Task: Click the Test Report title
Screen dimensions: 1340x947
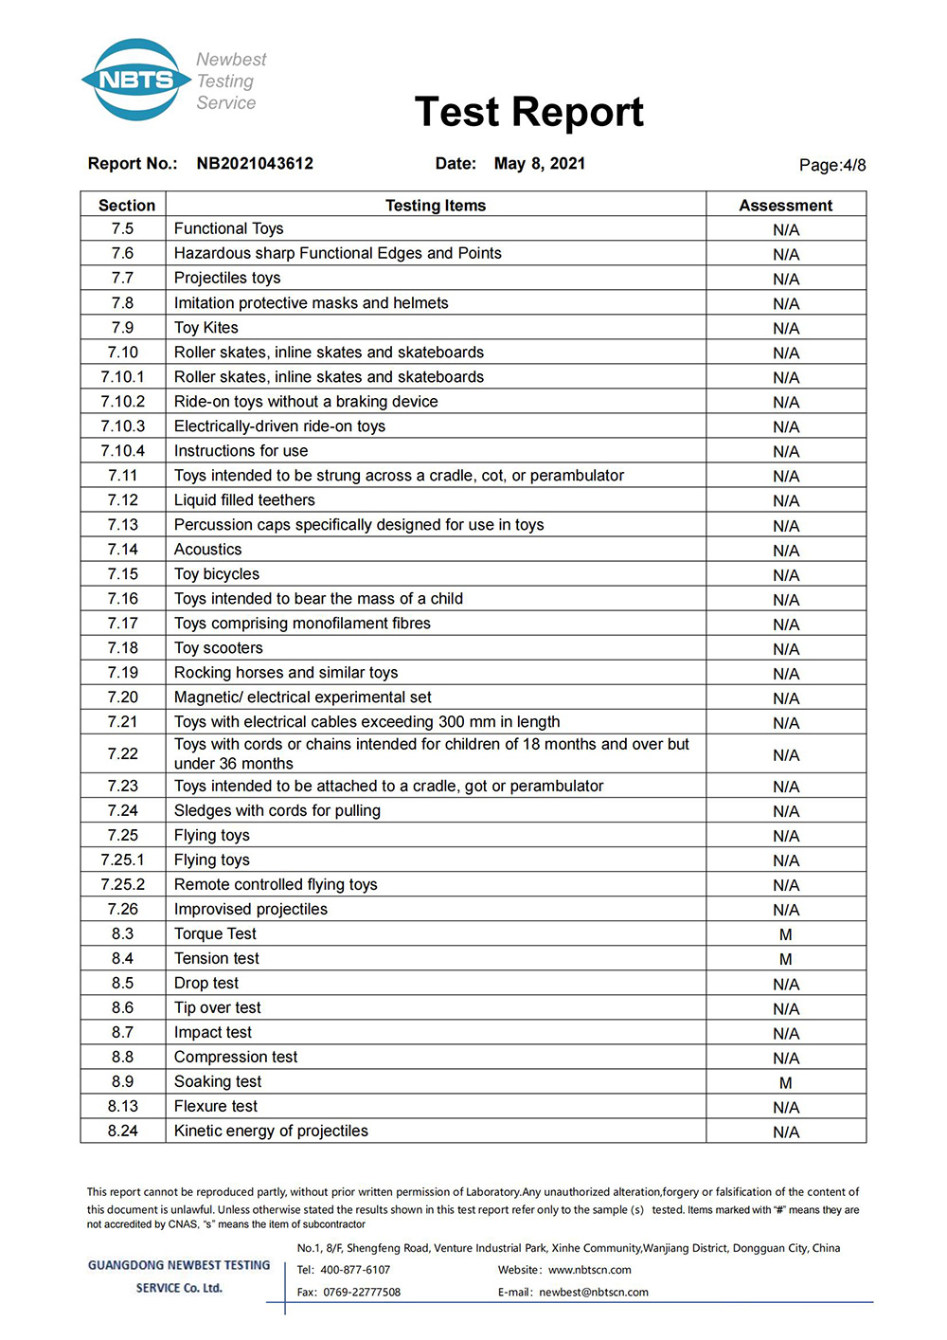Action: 528,112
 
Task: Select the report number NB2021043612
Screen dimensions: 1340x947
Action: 255,164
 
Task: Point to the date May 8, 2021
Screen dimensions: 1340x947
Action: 539,164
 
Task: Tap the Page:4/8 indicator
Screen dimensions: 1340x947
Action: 831,165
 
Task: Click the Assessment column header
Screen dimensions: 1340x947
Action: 785,206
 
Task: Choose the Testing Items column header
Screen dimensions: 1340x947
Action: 436,206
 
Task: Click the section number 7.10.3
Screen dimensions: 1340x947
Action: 123,426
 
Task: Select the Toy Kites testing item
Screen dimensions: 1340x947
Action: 206,328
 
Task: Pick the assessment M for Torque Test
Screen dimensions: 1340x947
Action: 785,935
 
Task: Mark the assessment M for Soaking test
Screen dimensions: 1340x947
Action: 785,1083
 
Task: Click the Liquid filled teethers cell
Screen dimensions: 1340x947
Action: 244,500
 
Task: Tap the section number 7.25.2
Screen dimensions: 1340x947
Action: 123,885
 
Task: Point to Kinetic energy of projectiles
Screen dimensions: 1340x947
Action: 271,1132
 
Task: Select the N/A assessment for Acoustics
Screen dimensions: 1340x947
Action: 785,551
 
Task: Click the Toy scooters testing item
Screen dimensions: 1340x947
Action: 219,648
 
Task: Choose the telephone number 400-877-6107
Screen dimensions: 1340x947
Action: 355,1270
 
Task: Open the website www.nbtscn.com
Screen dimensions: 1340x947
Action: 590,1270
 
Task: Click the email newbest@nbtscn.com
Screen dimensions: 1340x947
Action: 594,1293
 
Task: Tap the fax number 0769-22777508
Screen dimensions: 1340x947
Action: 362,1293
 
